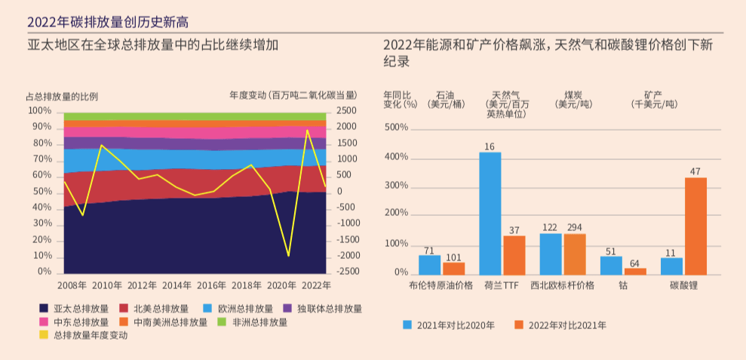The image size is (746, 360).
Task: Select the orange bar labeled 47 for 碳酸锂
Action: click(x=695, y=226)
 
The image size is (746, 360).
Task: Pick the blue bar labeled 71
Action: click(x=430, y=265)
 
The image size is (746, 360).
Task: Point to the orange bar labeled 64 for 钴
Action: click(x=635, y=271)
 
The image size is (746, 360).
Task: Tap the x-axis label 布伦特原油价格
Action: click(x=441, y=285)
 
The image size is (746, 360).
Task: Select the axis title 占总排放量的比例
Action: click(x=62, y=96)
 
